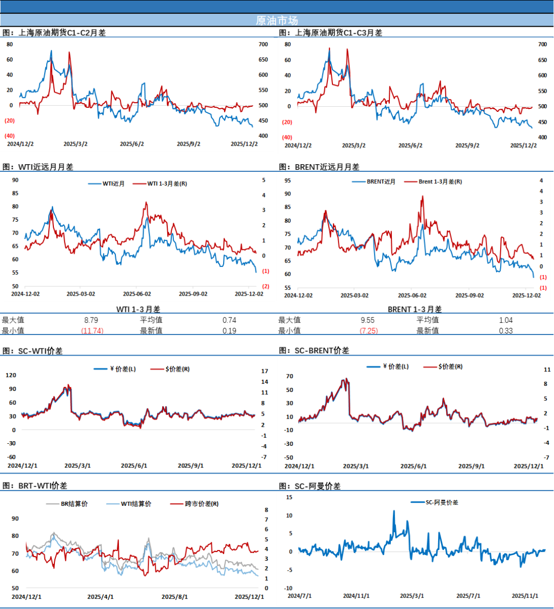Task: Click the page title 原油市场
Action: click(x=276, y=21)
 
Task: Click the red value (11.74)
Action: click(x=92, y=331)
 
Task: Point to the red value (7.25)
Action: click(x=369, y=331)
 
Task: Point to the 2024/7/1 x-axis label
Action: click(x=300, y=596)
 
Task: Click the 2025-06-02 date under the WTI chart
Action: click(x=137, y=294)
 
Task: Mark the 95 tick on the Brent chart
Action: click(x=288, y=181)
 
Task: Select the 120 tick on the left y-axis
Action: click(x=11, y=375)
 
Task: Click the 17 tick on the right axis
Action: click(x=265, y=371)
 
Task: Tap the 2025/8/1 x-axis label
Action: click(x=175, y=597)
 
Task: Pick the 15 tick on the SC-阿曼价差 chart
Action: click(x=289, y=497)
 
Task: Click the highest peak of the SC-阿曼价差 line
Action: click(x=394, y=511)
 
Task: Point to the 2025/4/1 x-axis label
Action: click(x=101, y=597)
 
